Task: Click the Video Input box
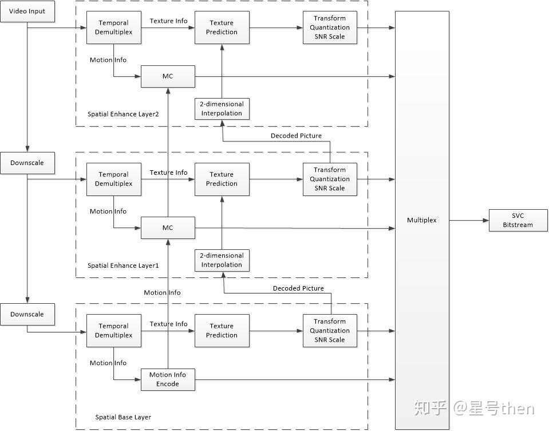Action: (27, 11)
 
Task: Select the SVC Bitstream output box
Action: (518, 220)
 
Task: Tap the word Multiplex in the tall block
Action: (421, 220)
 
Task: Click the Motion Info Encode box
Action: (168, 379)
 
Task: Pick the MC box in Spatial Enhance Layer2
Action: (168, 76)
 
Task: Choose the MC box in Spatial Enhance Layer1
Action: (168, 228)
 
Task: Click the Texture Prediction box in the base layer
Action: (222, 330)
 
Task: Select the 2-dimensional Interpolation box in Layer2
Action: (222, 109)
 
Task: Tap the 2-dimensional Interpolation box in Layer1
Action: (222, 260)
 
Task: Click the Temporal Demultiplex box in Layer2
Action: (113, 28)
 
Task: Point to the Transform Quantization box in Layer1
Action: (329, 179)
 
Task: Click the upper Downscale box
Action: (27, 163)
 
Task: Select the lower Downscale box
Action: (27, 315)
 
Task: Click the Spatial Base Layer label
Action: (123, 417)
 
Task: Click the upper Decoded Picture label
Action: (296, 136)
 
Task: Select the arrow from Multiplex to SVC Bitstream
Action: (469, 220)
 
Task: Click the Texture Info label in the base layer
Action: (168, 324)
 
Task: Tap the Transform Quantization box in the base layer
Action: (329, 331)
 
